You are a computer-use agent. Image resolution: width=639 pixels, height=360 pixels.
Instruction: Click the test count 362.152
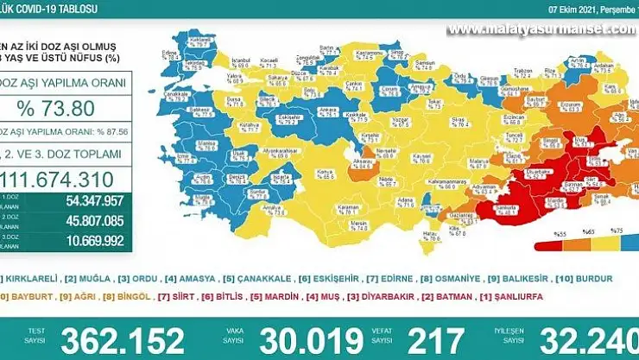[123, 338]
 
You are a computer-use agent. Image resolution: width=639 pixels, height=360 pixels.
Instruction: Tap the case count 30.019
[311, 338]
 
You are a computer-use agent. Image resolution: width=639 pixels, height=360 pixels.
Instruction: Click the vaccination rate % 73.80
[67, 110]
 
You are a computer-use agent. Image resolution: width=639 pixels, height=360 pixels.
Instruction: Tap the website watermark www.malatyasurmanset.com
[541, 31]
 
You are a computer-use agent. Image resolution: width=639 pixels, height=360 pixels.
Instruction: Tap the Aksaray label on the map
[364, 161]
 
